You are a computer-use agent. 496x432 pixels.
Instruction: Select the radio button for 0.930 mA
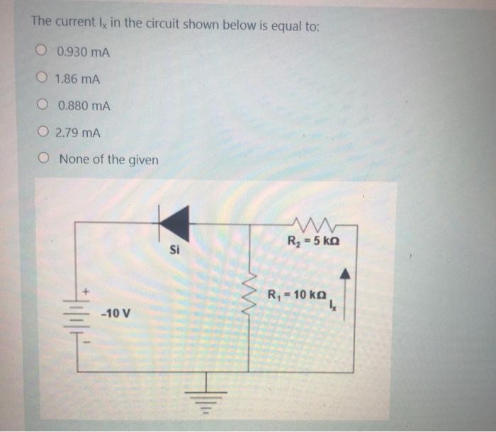click(x=43, y=51)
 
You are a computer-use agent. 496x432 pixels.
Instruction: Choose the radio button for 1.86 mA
click(x=43, y=79)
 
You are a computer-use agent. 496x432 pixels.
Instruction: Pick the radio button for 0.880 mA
click(x=44, y=106)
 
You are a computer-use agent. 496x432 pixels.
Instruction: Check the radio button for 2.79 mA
click(x=43, y=132)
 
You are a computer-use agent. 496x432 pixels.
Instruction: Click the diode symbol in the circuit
click(x=170, y=223)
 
